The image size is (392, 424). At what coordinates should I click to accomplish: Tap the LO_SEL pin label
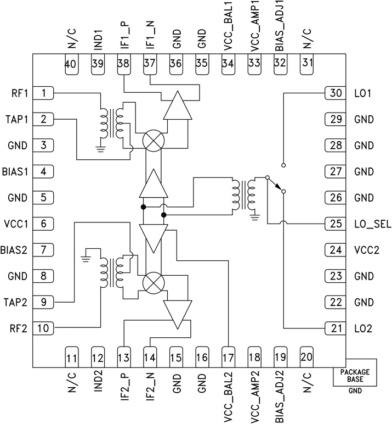368,224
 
